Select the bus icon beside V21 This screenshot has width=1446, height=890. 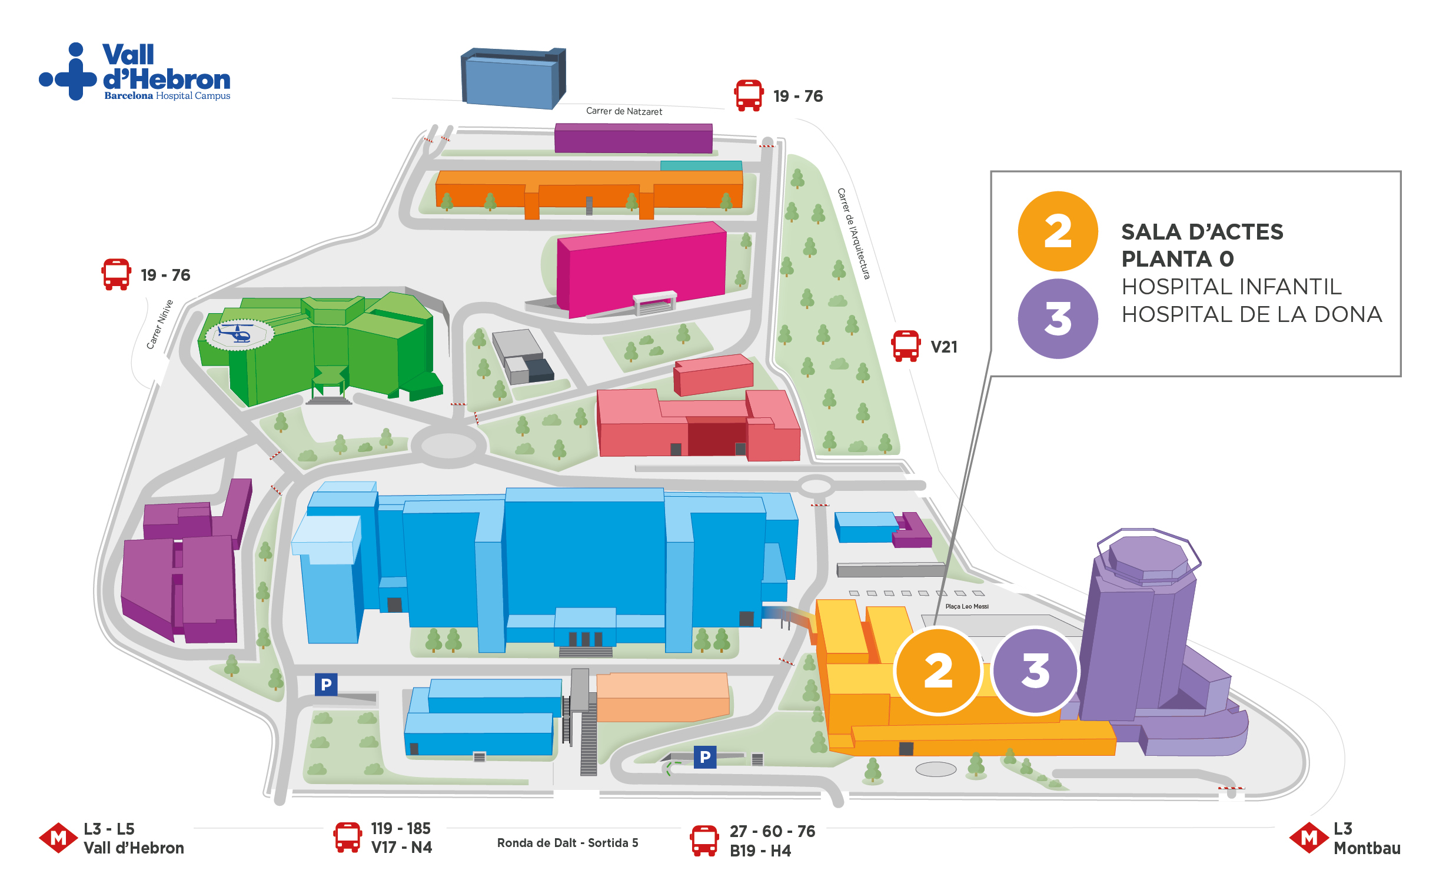click(x=905, y=346)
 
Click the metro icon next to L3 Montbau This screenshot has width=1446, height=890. click(x=1308, y=838)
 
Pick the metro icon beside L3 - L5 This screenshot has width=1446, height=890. click(x=58, y=838)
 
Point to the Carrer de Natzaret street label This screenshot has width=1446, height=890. click(x=624, y=111)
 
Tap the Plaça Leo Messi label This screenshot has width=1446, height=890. click(x=966, y=606)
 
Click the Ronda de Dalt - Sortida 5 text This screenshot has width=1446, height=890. click(x=567, y=843)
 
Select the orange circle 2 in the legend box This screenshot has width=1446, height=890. click(x=1058, y=231)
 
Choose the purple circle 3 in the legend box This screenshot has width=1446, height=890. click(x=1058, y=318)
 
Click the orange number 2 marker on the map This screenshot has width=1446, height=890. click(x=938, y=670)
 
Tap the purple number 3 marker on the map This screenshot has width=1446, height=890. click(x=1036, y=670)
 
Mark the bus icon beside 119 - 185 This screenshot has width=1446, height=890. click(x=347, y=838)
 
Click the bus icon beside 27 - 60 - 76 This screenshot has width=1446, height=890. click(x=704, y=841)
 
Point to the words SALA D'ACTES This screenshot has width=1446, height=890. click(x=1202, y=232)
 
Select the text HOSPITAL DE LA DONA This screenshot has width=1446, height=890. click(x=1251, y=314)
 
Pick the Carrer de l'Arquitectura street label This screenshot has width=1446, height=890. click(x=853, y=234)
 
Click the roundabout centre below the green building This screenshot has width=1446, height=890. click(x=448, y=446)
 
